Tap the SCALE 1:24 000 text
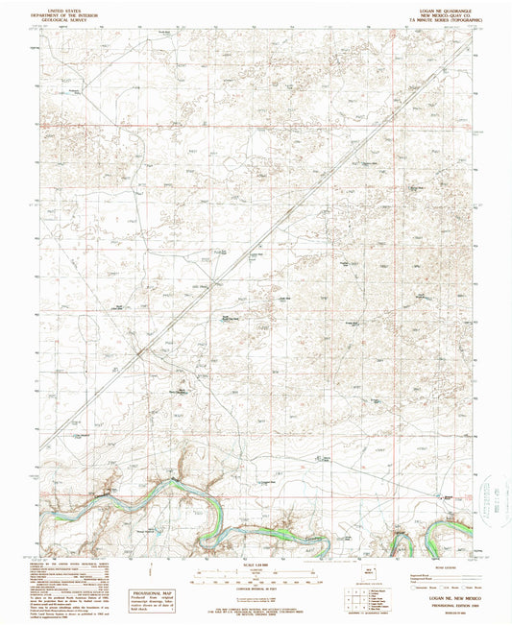pyautogui.click(x=255, y=563)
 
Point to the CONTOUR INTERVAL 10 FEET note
pyautogui.click(x=255, y=587)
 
